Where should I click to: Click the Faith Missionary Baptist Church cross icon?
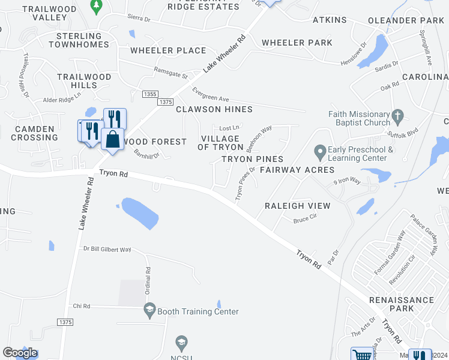click(x=396, y=115)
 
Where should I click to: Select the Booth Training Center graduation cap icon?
click(x=149, y=311)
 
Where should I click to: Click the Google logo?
click(x=20, y=353)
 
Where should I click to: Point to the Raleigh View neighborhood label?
click(x=298, y=206)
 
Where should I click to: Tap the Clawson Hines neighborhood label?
click(x=214, y=109)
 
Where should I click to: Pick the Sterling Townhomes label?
click(x=83, y=40)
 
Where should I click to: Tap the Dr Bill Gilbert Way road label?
click(x=107, y=249)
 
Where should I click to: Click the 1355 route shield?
click(x=150, y=94)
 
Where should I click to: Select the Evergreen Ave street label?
click(x=211, y=94)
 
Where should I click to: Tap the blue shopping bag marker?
click(x=112, y=140)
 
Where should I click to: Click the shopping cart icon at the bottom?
click(x=362, y=355)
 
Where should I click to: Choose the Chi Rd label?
click(x=80, y=306)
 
